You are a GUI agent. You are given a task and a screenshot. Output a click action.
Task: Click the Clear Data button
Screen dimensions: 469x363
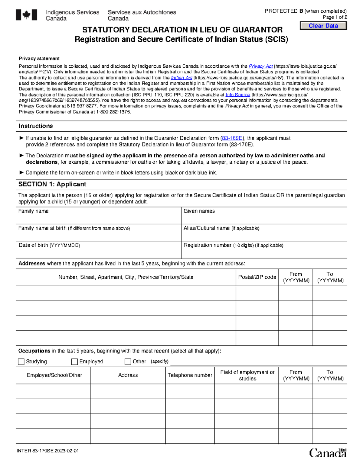323,26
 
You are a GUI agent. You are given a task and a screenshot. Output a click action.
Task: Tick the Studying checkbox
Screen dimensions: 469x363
21,361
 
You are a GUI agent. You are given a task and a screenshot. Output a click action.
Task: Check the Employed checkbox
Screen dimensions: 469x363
74,361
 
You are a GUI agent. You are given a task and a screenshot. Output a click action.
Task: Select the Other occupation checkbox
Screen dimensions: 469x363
128,361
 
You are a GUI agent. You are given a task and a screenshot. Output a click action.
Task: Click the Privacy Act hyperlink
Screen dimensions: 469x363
260,66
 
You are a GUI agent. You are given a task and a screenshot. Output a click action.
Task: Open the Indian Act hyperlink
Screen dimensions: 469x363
181,78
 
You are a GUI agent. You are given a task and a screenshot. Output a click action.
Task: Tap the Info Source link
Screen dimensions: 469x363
238,95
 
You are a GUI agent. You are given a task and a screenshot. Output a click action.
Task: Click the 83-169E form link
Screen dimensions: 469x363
232,138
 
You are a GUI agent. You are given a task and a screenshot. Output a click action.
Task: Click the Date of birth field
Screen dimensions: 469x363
98,252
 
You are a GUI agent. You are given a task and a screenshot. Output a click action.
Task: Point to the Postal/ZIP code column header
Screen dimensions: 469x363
257,277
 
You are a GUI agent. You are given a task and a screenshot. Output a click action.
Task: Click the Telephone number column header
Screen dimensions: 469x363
190,375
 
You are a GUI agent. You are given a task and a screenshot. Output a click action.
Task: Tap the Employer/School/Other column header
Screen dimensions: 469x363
54,375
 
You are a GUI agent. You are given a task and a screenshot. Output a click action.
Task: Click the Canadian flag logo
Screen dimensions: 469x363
26,15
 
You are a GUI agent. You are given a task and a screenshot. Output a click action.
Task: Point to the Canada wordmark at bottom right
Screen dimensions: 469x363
328,453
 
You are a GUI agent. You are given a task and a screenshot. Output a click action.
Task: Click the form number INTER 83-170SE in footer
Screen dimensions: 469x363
48,451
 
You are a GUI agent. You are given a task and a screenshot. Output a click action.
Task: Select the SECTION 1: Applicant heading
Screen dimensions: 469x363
52,184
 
